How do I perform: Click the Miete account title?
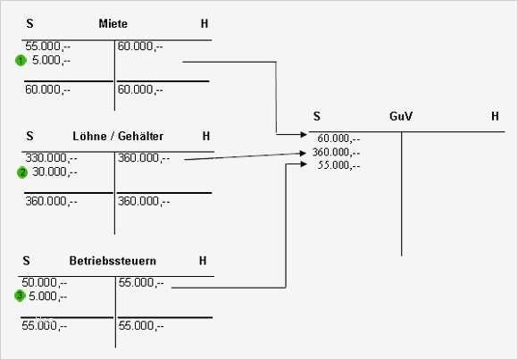point(113,23)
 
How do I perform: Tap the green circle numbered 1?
point(21,61)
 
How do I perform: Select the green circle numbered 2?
point(22,172)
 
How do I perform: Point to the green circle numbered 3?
point(21,296)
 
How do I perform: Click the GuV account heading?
point(401,116)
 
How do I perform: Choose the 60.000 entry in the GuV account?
point(338,138)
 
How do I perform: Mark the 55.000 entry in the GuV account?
point(338,165)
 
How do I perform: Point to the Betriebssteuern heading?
point(113,261)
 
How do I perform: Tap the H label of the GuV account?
point(495,116)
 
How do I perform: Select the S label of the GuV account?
point(317,116)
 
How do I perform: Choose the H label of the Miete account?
point(205,23)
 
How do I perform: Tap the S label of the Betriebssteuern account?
point(27,261)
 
